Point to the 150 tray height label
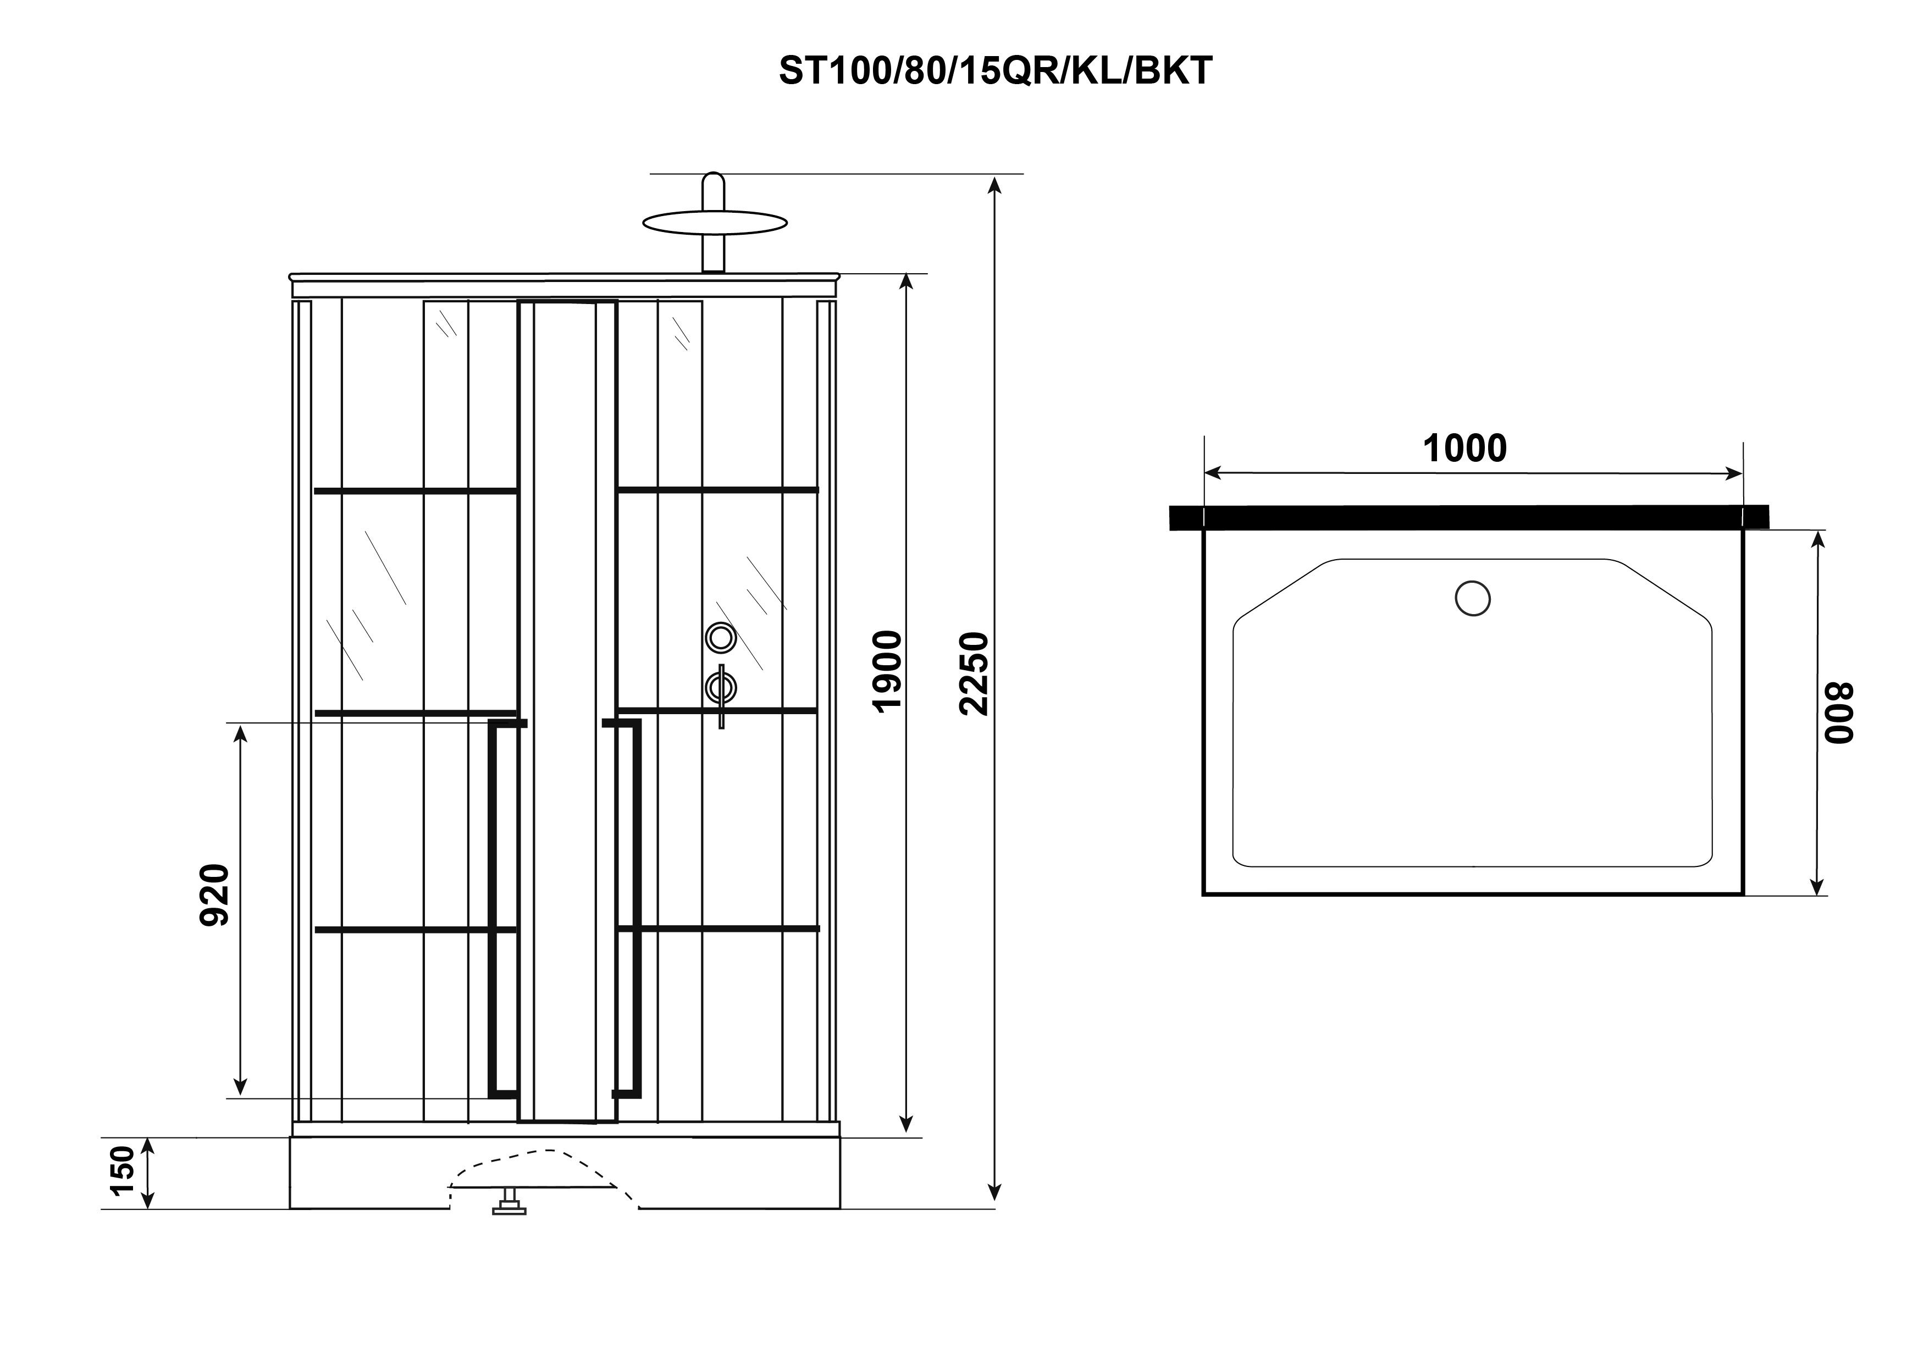point(123,1170)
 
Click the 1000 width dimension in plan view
point(1464,449)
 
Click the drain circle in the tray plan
point(1472,598)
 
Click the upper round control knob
point(720,638)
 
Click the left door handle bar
point(503,908)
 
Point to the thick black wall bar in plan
point(1468,518)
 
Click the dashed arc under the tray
point(542,1161)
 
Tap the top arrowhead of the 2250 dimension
point(995,183)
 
